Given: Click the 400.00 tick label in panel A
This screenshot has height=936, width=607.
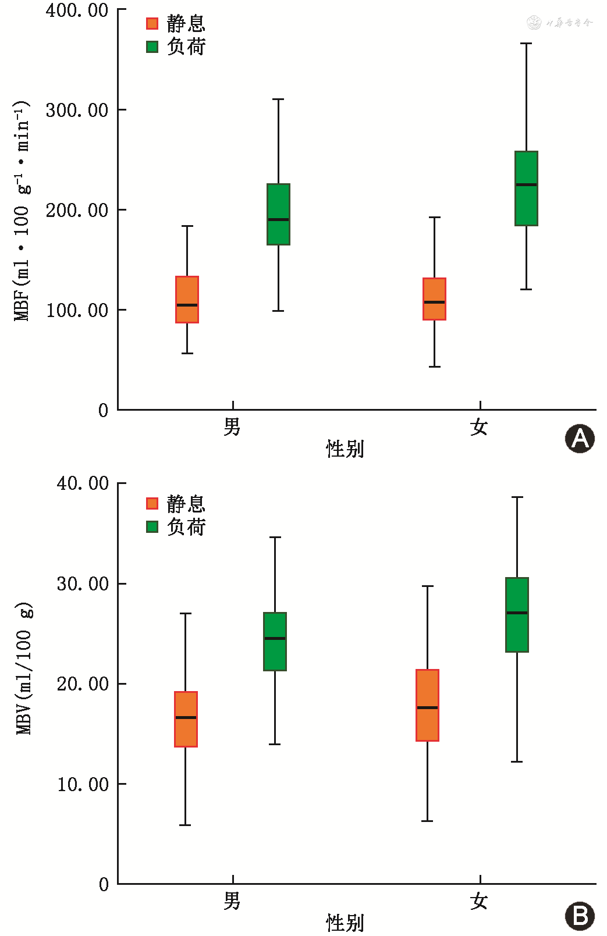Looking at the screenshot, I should coord(77,10).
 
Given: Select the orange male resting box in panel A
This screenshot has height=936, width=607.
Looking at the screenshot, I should coord(187,299).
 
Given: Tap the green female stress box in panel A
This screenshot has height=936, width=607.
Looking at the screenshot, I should coord(526,188).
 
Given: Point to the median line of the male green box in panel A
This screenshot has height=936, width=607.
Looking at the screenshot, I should coord(278,219).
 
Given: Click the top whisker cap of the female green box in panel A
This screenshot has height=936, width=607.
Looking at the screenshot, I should coord(526,43).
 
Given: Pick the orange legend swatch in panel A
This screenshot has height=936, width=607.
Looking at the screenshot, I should coord(152,23).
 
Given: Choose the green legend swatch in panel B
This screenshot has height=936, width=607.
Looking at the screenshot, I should coord(152,527).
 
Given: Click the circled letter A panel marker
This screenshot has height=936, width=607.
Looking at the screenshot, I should coord(580,439).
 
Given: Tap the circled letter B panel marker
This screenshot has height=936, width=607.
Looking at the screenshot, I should coord(580,916).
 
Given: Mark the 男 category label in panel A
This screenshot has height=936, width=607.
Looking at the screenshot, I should coord(232,427).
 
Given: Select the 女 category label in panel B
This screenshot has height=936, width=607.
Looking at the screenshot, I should coord(479,901).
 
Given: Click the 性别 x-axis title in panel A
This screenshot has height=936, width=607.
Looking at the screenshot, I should coord(345,449).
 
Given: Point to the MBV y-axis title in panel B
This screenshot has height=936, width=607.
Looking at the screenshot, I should coord(24,669).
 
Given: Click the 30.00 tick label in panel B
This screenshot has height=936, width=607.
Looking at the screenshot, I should coord(83,583).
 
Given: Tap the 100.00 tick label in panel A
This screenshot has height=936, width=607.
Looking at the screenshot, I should coord(77,310).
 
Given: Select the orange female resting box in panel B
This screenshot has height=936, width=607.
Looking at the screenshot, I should coord(427,705).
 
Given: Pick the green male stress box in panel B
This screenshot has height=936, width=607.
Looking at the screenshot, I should coord(275,641).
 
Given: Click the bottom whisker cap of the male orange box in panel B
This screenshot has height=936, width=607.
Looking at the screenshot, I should coord(185,825).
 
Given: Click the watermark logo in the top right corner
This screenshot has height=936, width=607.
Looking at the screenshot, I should coord(559,23).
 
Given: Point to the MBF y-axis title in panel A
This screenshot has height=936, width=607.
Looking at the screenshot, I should coord(22,211).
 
